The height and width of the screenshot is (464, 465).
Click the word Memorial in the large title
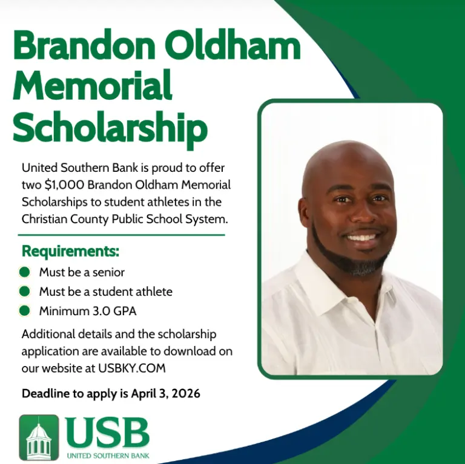[x=93, y=85]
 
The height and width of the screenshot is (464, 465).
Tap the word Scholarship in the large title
[x=110, y=127]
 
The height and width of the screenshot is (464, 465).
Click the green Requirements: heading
[x=70, y=251]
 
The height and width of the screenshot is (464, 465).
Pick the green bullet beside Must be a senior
[x=24, y=272]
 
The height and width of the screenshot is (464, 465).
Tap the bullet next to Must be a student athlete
[x=24, y=291]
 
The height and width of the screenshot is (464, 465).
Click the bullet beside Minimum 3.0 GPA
[x=24, y=311]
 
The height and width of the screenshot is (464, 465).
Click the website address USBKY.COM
[x=132, y=368]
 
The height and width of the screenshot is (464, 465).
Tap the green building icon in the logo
[x=39, y=437]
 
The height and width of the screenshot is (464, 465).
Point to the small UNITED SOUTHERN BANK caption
[x=108, y=456]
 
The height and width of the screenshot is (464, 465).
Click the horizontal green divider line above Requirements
[x=121, y=235]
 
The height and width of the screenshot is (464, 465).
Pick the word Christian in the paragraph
[x=44, y=219]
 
